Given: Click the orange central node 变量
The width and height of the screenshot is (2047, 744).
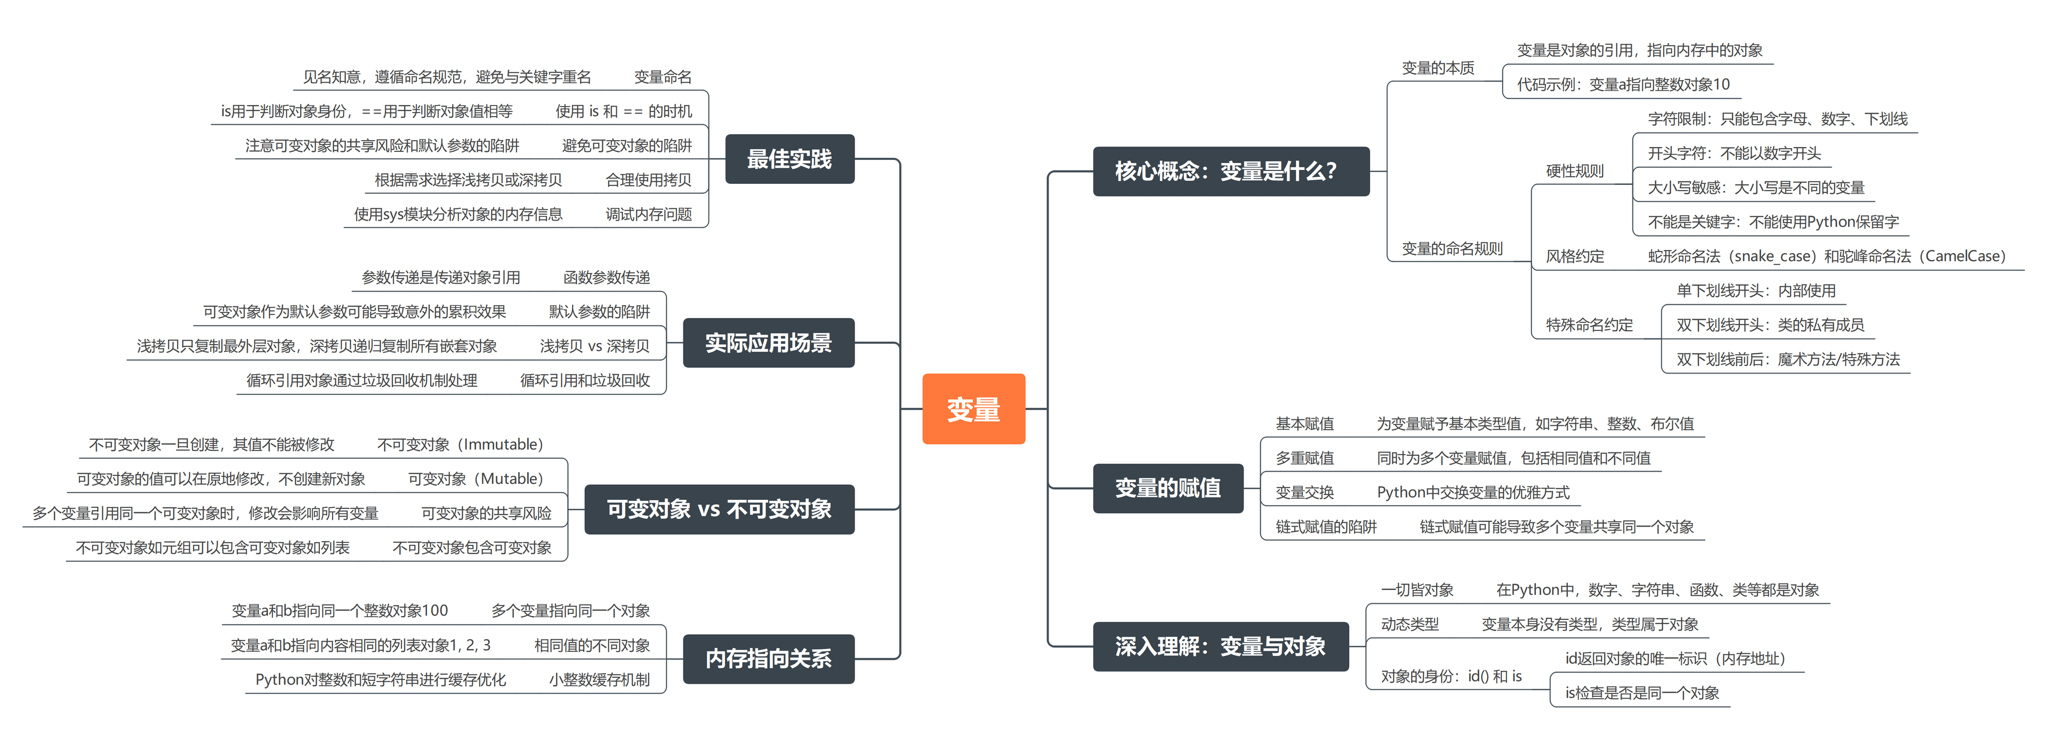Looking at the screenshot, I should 973,409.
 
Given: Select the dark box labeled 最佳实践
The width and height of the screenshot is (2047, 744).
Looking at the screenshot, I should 789,159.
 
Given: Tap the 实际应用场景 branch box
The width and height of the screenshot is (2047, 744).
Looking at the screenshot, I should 768,343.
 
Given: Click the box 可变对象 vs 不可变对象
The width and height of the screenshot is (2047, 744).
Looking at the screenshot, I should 719,509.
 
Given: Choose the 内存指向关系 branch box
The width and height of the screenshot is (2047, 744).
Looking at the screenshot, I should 768,658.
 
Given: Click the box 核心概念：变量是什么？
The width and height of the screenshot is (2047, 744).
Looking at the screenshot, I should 1230,171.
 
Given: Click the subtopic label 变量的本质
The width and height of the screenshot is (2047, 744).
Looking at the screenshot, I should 1438,68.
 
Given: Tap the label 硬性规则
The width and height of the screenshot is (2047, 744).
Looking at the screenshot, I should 1574,171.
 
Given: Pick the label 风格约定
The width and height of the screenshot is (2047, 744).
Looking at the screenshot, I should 1574,256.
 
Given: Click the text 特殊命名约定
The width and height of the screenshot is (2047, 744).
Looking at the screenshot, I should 1589,325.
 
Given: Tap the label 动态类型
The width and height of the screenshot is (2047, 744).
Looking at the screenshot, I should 1409,624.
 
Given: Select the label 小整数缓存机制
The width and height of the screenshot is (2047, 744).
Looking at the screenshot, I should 599,680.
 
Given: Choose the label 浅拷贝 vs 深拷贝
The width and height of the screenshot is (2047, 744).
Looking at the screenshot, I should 594,346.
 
